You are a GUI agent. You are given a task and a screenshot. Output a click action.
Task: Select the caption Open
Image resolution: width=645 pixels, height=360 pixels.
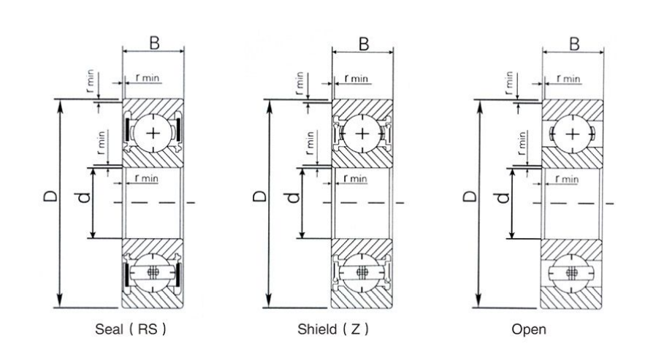click(x=529, y=329)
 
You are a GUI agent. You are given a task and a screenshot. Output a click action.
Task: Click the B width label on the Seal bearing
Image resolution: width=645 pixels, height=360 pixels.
click(x=154, y=43)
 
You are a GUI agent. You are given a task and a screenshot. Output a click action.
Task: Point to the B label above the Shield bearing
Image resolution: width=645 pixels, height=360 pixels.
click(x=363, y=43)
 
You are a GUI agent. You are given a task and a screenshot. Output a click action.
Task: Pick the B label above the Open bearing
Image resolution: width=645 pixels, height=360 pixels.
click(x=574, y=43)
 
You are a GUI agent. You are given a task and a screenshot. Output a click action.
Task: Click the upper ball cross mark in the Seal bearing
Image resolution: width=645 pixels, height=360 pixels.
click(x=153, y=133)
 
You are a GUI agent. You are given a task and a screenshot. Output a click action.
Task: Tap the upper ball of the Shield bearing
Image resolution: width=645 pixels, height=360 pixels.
click(x=363, y=133)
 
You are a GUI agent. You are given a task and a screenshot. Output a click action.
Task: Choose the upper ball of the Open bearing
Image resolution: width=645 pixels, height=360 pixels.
click(x=573, y=133)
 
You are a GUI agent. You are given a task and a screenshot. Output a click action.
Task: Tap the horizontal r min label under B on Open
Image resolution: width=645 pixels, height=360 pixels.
click(x=568, y=78)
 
